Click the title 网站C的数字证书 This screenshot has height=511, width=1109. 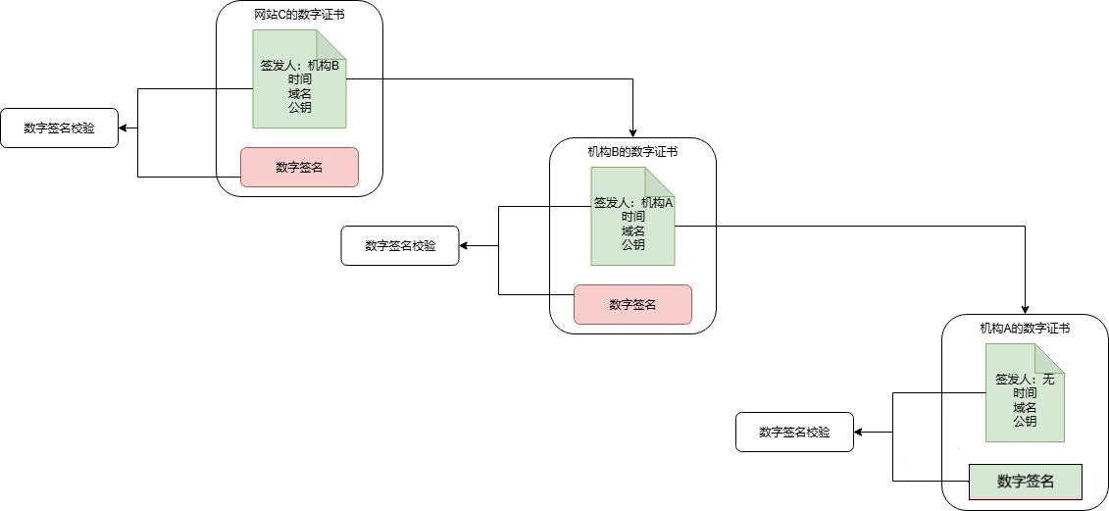[299, 14]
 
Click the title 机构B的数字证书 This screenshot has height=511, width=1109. [632, 151]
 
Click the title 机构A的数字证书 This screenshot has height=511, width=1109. [1025, 329]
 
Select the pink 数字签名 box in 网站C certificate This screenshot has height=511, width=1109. [299, 167]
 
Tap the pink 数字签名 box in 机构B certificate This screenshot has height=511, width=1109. [632, 304]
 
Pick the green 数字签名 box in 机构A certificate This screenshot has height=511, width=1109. [1025, 481]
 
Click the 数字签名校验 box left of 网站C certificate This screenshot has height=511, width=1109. [59, 128]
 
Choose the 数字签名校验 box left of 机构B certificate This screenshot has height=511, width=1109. [399, 245]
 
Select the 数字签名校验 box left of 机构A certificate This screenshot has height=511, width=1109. [794, 432]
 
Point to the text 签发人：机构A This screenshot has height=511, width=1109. [632, 203]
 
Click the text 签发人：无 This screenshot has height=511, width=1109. [1025, 380]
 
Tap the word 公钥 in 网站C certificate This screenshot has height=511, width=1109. [299, 108]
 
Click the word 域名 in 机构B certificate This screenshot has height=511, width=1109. [632, 230]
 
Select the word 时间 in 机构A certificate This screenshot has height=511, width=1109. [1025, 393]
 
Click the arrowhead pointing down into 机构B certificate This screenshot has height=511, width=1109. [632, 132]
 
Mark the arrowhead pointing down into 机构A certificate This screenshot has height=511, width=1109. [1025, 309]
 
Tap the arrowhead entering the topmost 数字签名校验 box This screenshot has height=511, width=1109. [124, 128]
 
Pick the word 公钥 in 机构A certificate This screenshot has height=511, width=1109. [1025, 422]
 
